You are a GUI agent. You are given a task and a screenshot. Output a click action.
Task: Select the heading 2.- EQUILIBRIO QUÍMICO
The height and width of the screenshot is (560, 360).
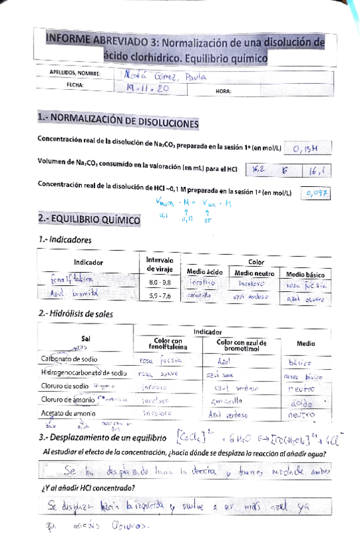89,219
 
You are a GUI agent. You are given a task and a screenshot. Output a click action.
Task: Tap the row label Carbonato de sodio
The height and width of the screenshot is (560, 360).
69,359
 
